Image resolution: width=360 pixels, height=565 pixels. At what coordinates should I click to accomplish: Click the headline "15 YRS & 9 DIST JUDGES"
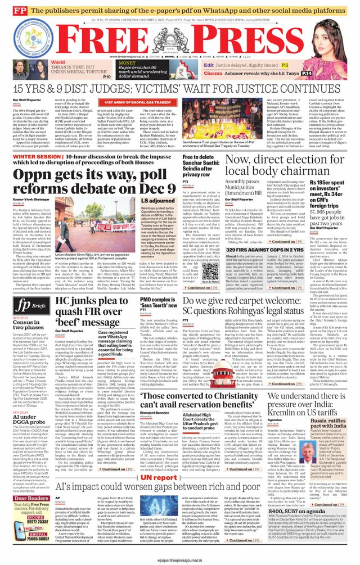(179, 89)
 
